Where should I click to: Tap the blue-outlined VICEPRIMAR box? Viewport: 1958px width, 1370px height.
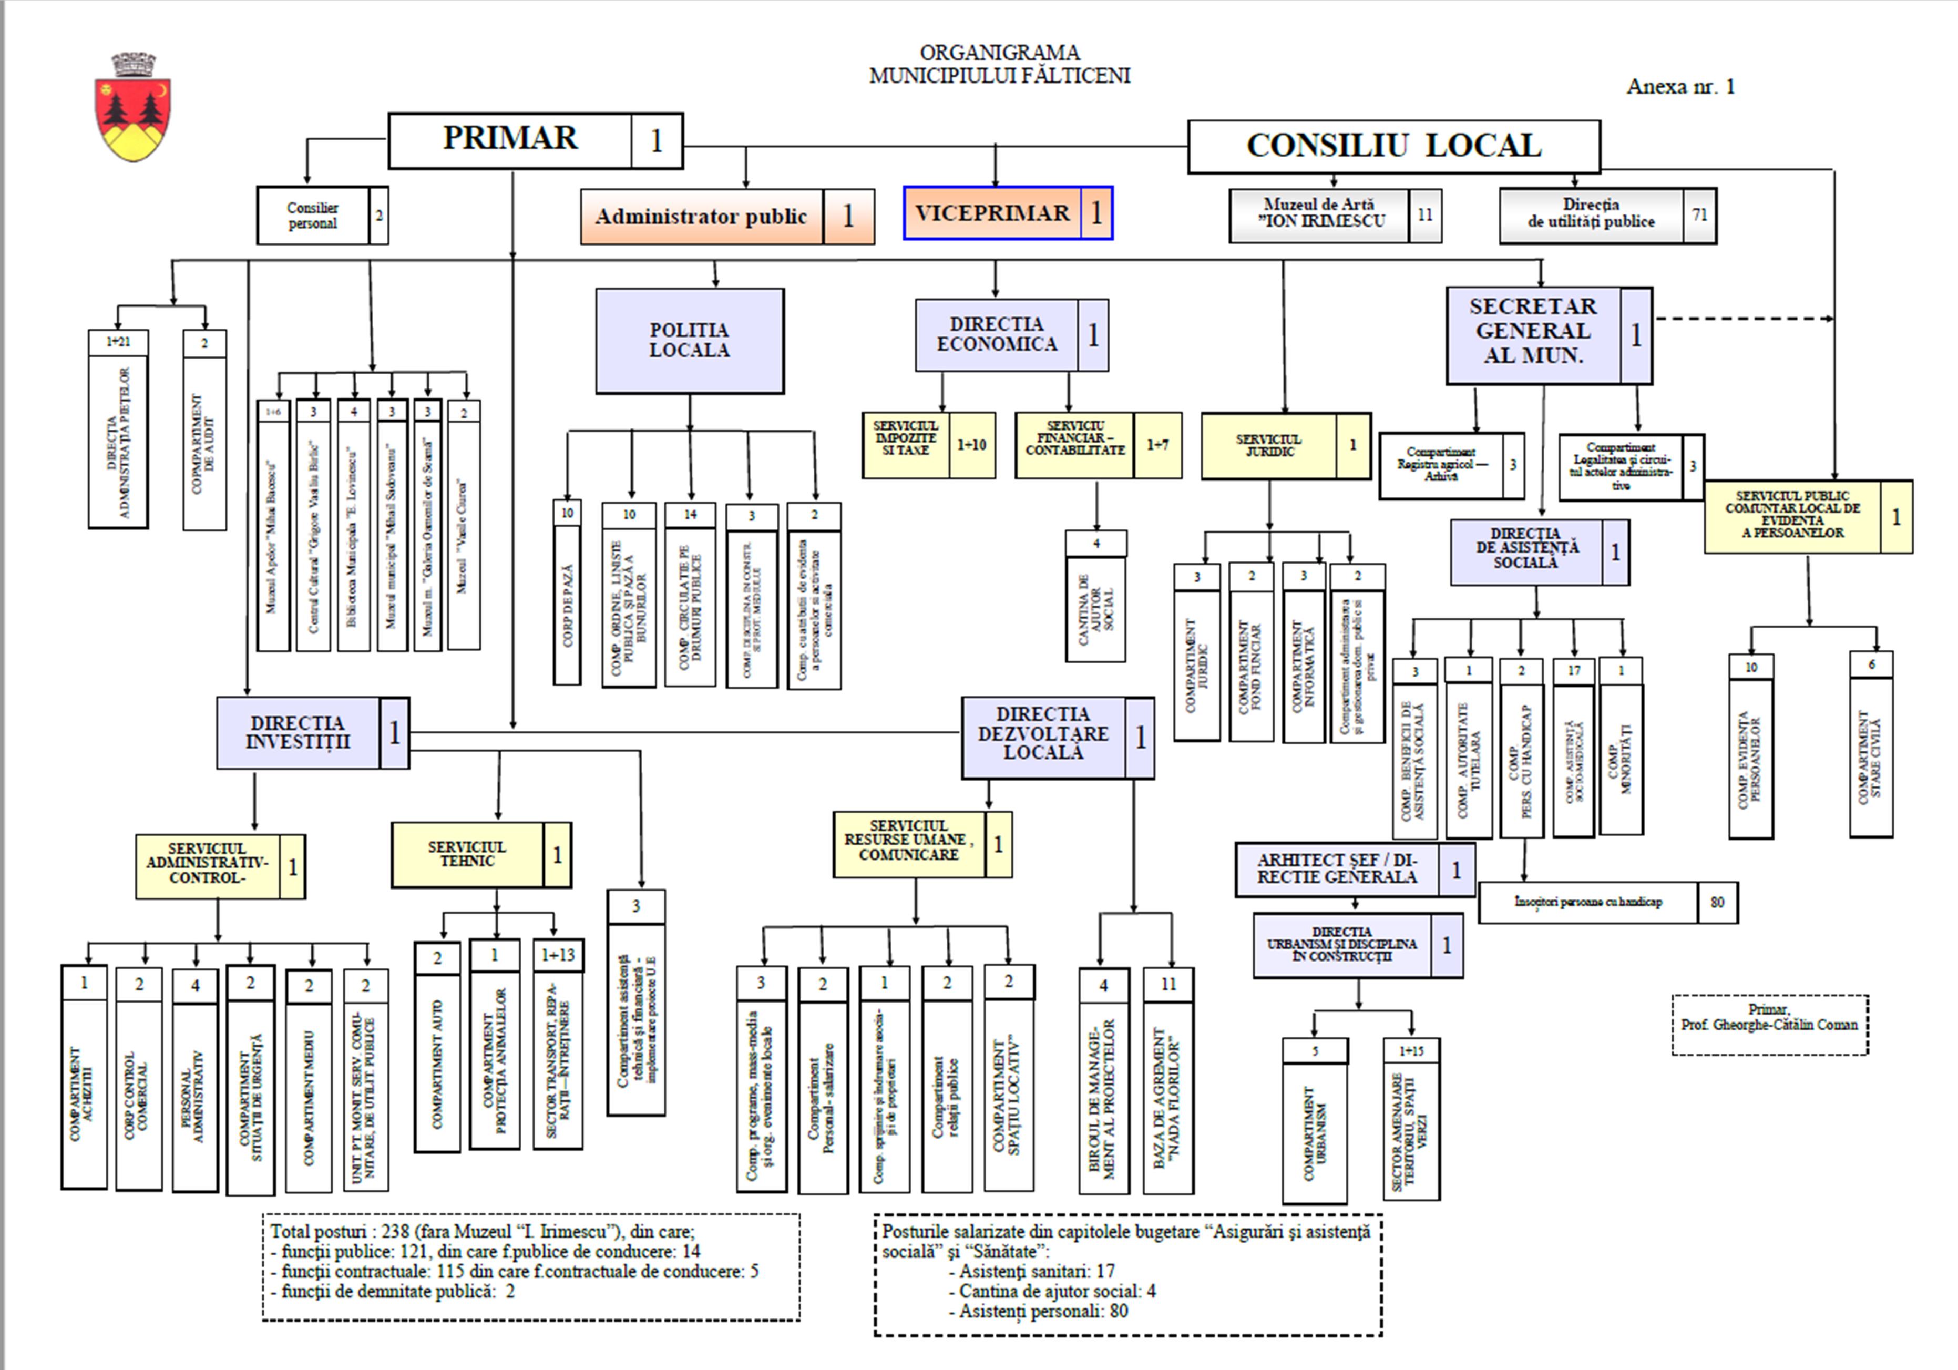(x=992, y=213)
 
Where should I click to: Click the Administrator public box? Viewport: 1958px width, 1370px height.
(x=701, y=217)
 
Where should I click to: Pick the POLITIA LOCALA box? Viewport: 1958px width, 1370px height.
(x=689, y=340)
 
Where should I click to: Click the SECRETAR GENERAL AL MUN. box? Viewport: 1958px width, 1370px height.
(x=1532, y=332)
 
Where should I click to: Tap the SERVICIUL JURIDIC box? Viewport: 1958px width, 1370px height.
(x=1269, y=445)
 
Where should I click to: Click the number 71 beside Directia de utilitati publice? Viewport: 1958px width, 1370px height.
(x=1699, y=215)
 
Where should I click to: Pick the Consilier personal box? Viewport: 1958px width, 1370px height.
(x=313, y=216)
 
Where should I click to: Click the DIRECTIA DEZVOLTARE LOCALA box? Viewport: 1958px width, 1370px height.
(x=1043, y=733)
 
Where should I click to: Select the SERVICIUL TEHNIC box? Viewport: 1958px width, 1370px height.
(x=467, y=855)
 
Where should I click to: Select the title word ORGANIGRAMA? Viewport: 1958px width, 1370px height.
(x=999, y=53)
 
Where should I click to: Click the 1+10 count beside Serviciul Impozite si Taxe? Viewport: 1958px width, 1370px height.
(x=971, y=444)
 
